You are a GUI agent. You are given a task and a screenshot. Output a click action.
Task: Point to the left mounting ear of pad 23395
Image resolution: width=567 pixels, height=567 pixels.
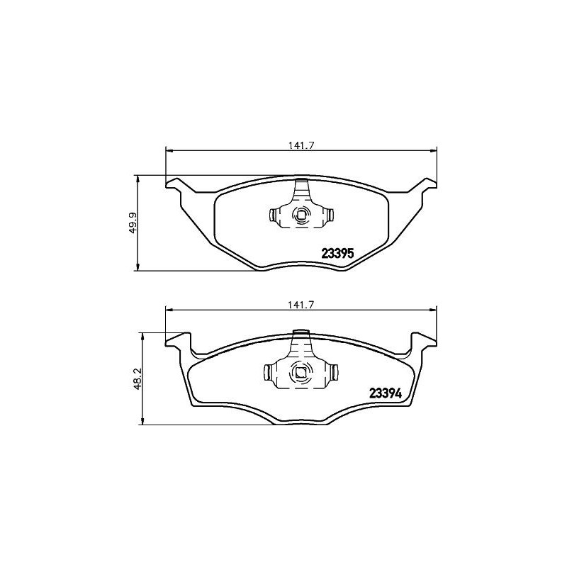[176, 185]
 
